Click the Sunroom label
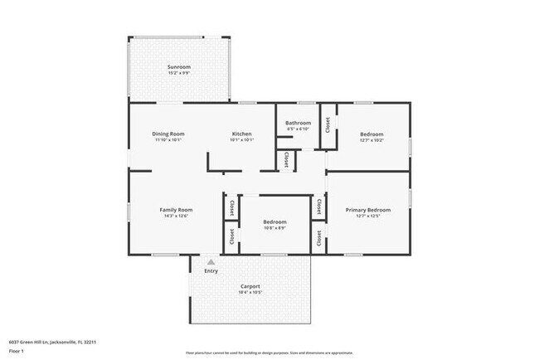coord(179,66)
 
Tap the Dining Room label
coord(168,134)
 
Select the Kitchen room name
coord(241,134)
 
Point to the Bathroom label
coord(298,123)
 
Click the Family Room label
coord(176,210)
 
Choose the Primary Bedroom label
coord(367,210)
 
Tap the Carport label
coord(250,286)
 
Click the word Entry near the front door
coord(211,270)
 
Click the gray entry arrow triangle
coord(211,261)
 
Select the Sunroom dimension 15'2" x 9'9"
coord(179,73)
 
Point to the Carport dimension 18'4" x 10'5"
coord(250,293)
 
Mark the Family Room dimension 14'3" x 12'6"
coord(176,216)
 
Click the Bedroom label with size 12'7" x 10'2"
coord(371,134)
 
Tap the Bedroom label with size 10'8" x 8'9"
coord(274,221)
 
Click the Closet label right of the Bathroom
coord(328,125)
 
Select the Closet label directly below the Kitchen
coord(286,158)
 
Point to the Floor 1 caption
coord(17,350)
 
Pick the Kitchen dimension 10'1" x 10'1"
coord(241,140)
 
